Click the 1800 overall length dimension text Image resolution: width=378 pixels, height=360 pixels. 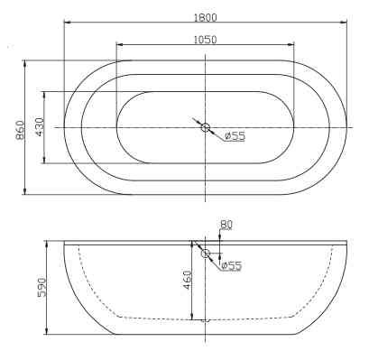(x=205, y=15)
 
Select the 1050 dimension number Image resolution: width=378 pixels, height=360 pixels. (x=205, y=39)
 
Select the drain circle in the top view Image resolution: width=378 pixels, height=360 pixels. (x=206, y=128)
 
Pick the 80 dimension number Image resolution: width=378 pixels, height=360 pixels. (x=226, y=225)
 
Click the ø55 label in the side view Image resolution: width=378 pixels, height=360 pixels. (x=232, y=265)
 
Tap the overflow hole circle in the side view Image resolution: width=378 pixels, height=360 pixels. (x=206, y=255)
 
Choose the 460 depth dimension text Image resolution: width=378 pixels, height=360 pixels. (x=186, y=280)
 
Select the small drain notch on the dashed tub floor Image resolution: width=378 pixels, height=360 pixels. (x=206, y=319)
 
